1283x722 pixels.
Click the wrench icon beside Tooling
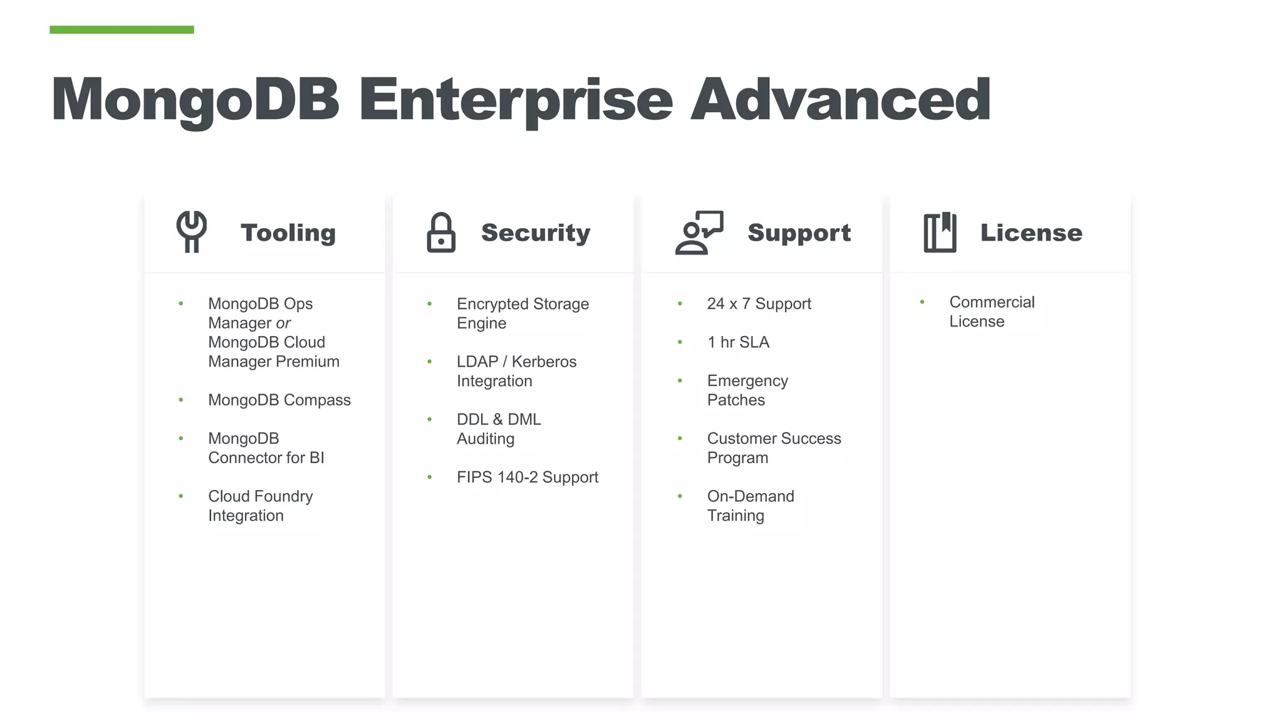pyautogui.click(x=192, y=231)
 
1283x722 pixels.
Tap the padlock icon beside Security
pyautogui.click(x=441, y=233)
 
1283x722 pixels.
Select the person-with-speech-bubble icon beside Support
pyautogui.click(x=699, y=233)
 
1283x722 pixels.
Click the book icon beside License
pyautogui.click(x=940, y=233)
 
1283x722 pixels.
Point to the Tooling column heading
pyautogui.click(x=288, y=233)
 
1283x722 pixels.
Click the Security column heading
pyautogui.click(x=536, y=233)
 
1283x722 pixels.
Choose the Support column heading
pyautogui.click(x=799, y=233)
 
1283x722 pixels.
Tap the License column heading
pyautogui.click(x=1031, y=233)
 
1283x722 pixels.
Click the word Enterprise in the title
pyautogui.click(x=515, y=100)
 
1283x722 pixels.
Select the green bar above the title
pyautogui.click(x=122, y=29)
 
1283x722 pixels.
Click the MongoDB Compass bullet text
pyautogui.click(x=279, y=400)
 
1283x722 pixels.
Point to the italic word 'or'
pyautogui.click(x=283, y=323)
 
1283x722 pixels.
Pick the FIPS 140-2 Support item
pyautogui.click(x=527, y=477)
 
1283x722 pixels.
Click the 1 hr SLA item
pyautogui.click(x=738, y=342)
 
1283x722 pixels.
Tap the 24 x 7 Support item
pyautogui.click(x=759, y=304)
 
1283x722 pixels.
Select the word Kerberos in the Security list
pyautogui.click(x=544, y=362)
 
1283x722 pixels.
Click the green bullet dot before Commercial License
pyautogui.click(x=922, y=302)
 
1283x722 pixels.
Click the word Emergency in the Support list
pyautogui.click(x=747, y=381)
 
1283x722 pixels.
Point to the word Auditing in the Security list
pyautogui.click(x=486, y=439)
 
